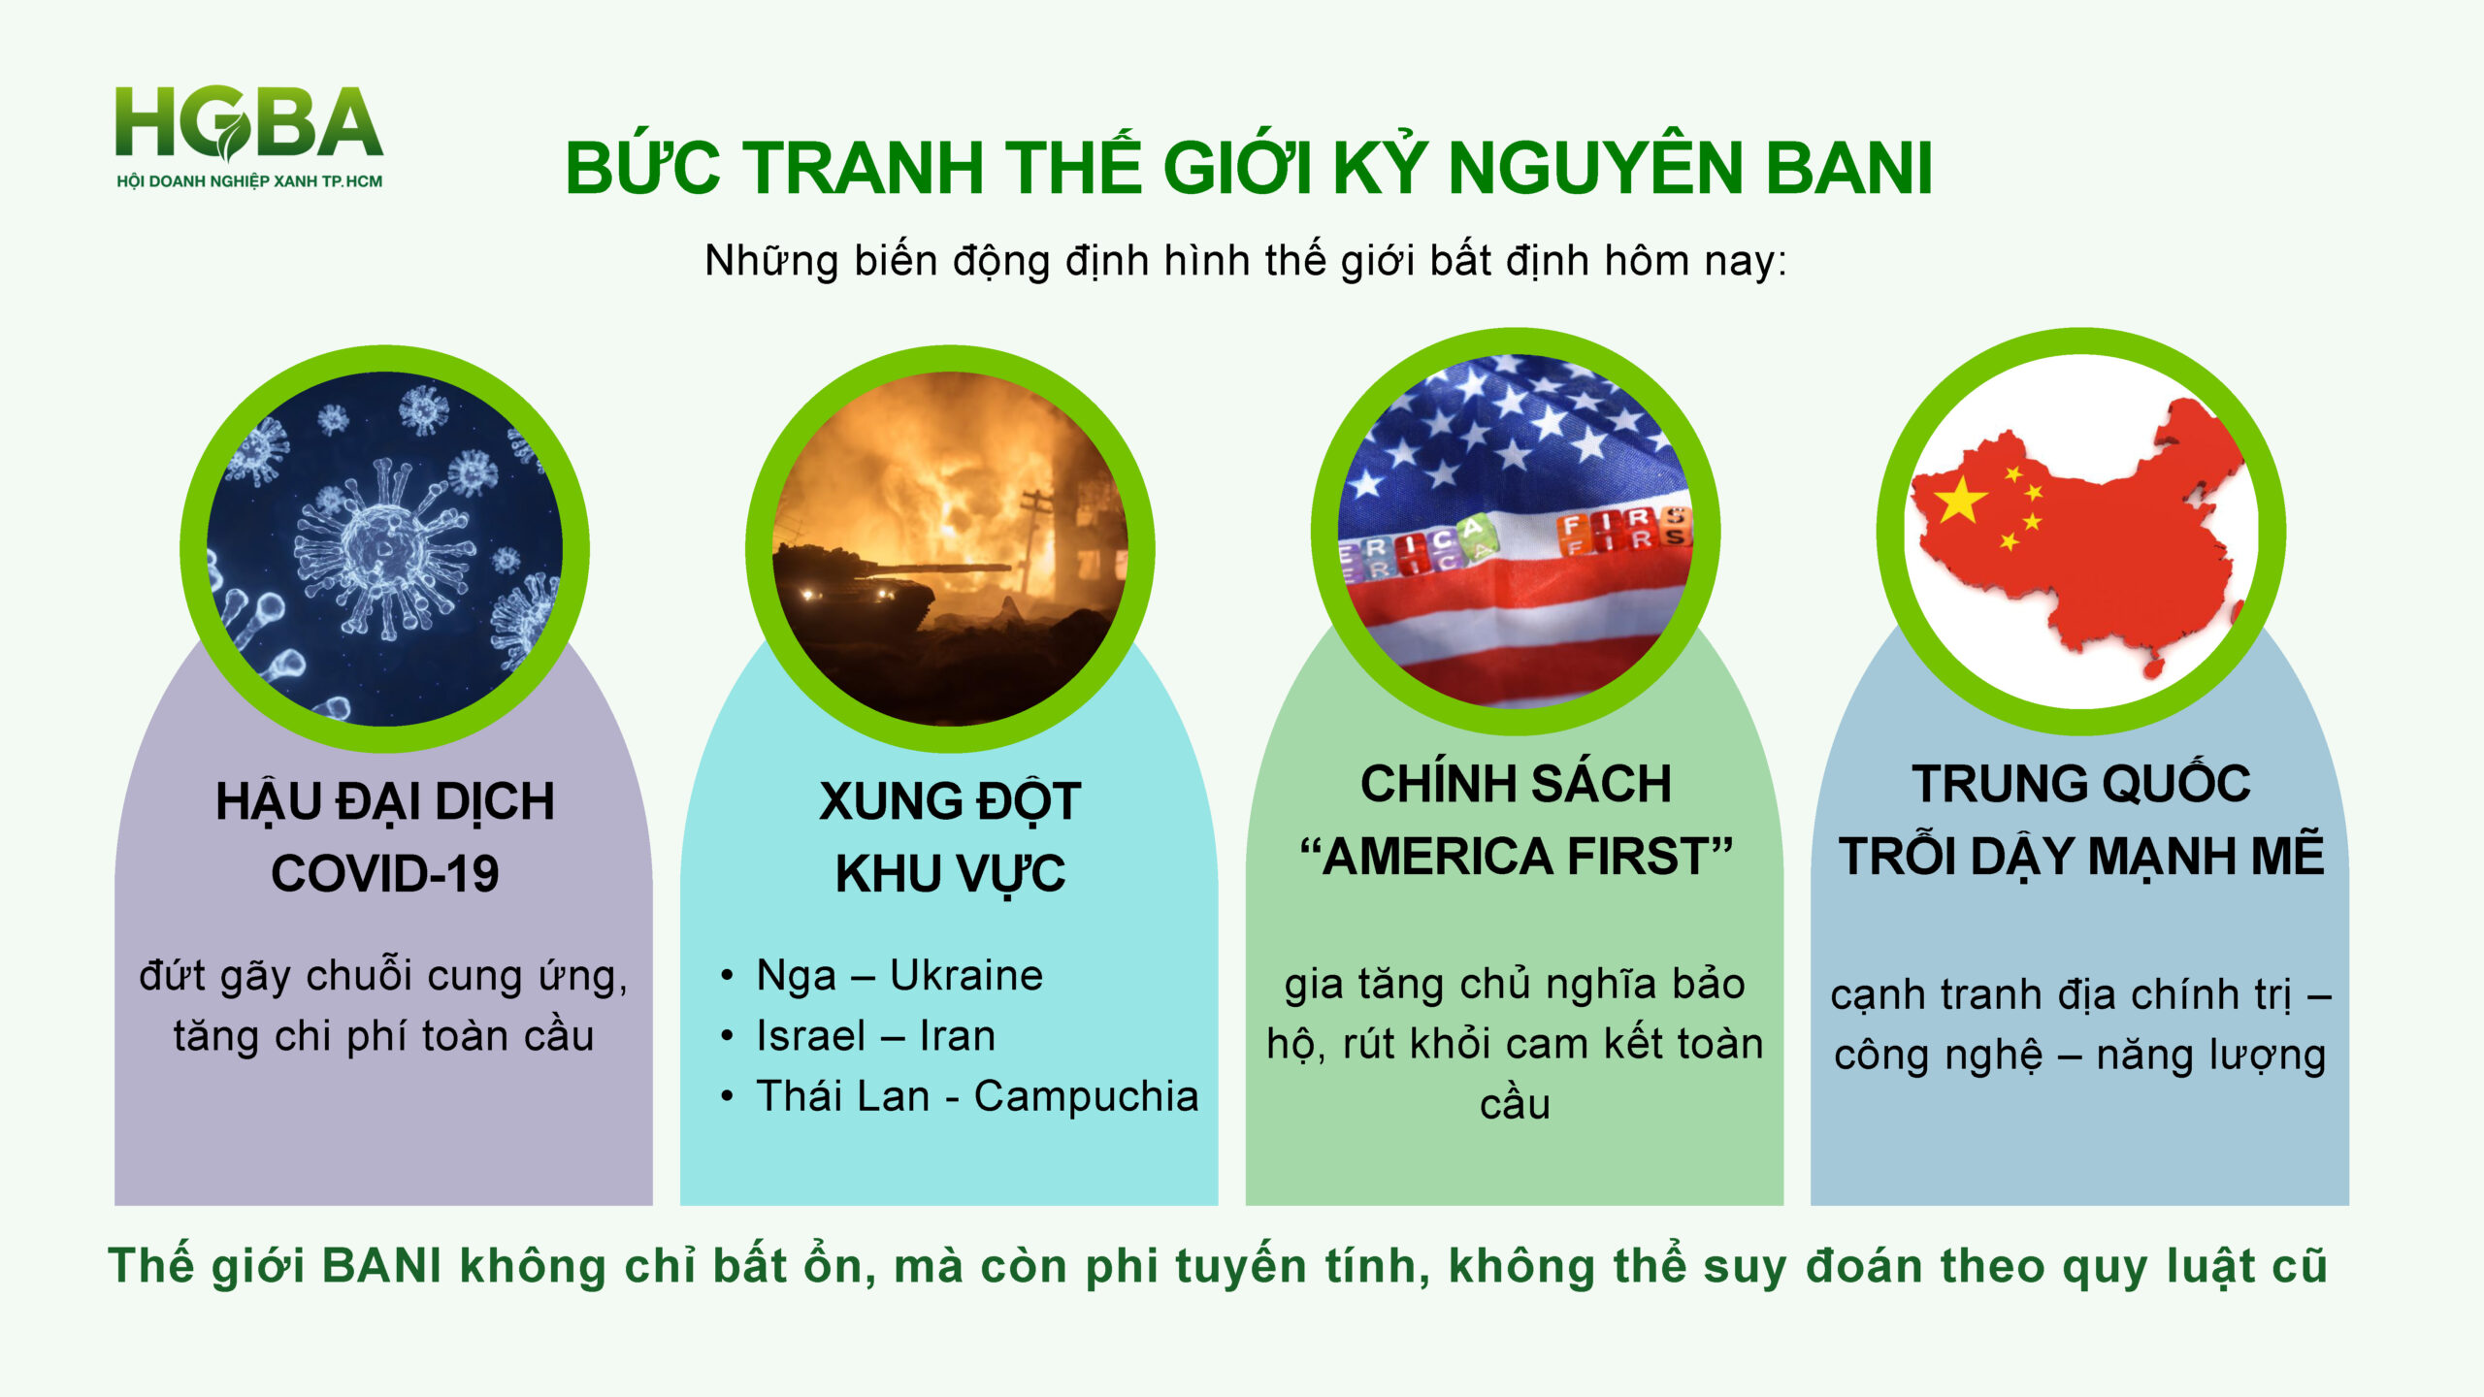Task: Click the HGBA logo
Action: tap(249, 136)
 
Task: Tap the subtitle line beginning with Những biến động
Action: tap(1245, 261)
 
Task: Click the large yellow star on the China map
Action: tap(1961, 500)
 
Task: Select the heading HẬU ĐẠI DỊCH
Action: tap(385, 802)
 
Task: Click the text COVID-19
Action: tap(385, 874)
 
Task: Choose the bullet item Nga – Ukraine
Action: tap(899, 975)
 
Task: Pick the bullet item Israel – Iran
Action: tap(875, 1036)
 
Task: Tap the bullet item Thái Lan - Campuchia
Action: tap(977, 1096)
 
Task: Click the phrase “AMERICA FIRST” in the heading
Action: tap(1516, 857)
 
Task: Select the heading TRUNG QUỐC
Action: tap(2081, 784)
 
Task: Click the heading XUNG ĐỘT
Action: tap(950, 802)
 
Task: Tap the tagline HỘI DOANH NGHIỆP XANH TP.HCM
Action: tap(249, 181)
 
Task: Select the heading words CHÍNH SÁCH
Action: tap(1516, 784)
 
